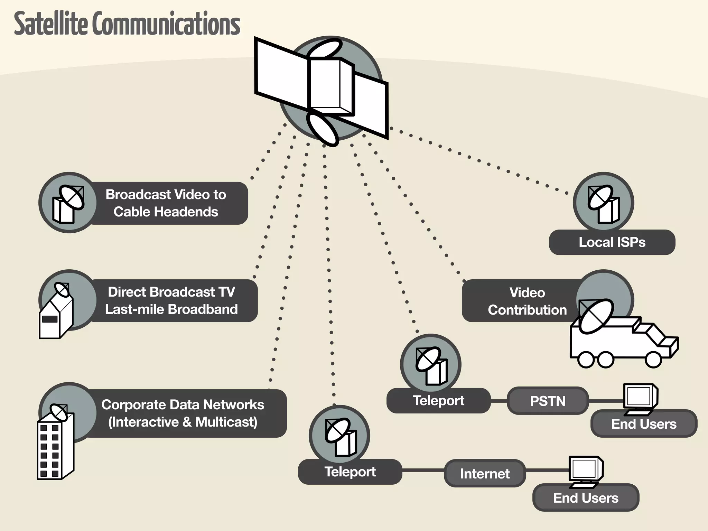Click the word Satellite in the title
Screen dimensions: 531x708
(51, 24)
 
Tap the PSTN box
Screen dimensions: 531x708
(548, 401)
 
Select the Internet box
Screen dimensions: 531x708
(485, 474)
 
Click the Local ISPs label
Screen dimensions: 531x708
(612, 242)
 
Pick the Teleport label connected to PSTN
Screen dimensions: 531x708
(438, 401)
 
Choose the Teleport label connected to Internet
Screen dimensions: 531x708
(350, 472)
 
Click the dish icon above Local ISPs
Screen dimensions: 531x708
(603, 203)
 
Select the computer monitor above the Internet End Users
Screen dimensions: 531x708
(585, 470)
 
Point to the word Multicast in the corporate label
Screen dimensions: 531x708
(226, 422)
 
